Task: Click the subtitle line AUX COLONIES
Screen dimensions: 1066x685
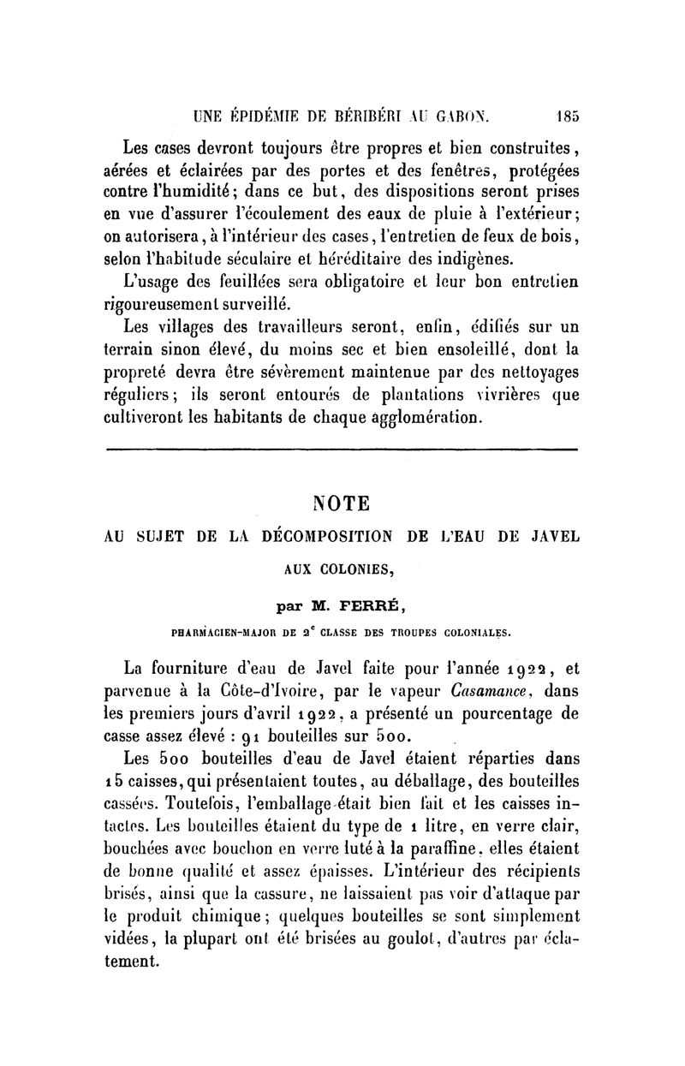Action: pos(342,571)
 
